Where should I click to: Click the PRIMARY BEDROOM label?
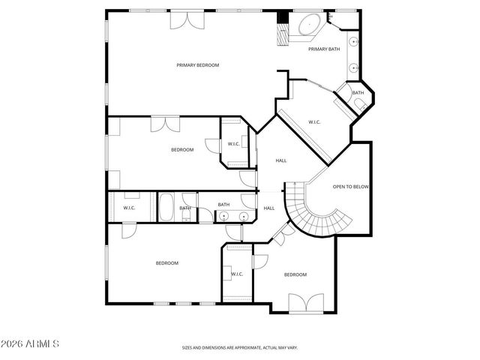[197, 65]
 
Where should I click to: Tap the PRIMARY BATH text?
[324, 49]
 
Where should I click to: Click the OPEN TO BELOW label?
[351, 187]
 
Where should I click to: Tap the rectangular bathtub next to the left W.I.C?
[166, 208]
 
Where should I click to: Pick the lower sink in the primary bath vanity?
[352, 67]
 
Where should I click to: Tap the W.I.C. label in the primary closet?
[315, 122]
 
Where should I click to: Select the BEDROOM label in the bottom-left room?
[166, 262]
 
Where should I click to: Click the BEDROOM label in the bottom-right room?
[295, 274]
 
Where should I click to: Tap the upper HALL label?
[281, 160]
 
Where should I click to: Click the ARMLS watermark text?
[30, 343]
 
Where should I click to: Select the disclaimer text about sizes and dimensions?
[240, 347]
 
